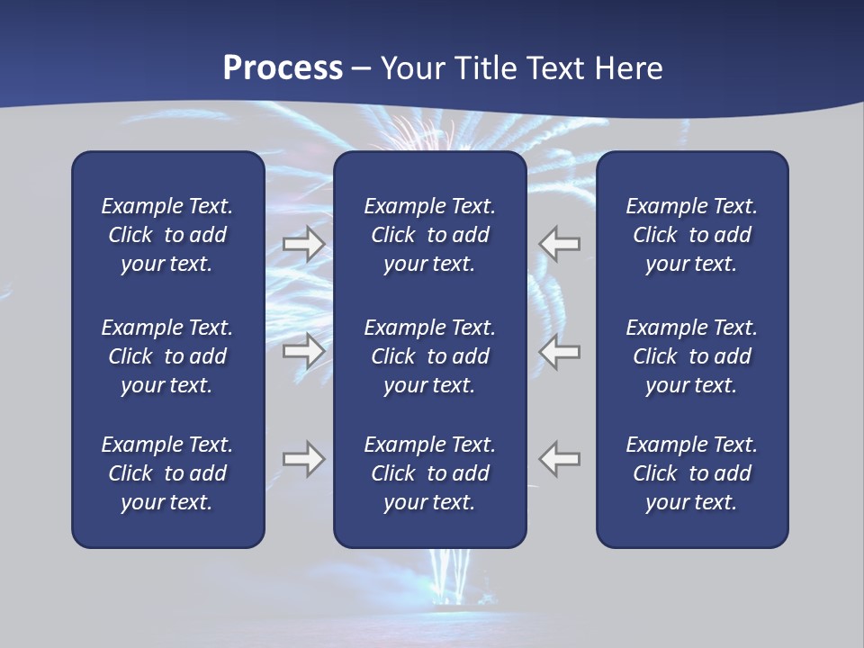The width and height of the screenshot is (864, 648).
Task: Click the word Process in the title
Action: pos(283,68)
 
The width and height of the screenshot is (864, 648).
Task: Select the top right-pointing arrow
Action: pos(304,244)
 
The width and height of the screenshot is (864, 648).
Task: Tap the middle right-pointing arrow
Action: pos(304,351)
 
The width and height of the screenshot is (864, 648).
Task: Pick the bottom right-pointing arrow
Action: pos(304,459)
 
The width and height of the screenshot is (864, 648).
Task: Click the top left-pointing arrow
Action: pos(560,244)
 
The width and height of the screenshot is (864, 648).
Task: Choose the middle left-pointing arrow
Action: pos(560,351)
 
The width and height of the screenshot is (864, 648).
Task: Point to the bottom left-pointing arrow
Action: pos(560,459)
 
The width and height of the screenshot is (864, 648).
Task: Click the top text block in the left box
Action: pos(167,235)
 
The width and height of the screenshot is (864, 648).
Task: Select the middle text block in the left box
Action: pos(167,356)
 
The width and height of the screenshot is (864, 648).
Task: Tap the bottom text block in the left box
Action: pos(167,473)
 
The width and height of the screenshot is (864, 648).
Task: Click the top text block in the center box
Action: pos(429,235)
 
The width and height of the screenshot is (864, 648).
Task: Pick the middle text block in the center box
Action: pos(429,356)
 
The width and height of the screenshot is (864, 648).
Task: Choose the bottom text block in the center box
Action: pos(429,473)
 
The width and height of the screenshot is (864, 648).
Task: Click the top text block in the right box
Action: pos(691,235)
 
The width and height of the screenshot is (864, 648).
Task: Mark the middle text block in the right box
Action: pos(691,356)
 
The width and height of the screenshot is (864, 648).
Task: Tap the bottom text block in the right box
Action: pos(691,473)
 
